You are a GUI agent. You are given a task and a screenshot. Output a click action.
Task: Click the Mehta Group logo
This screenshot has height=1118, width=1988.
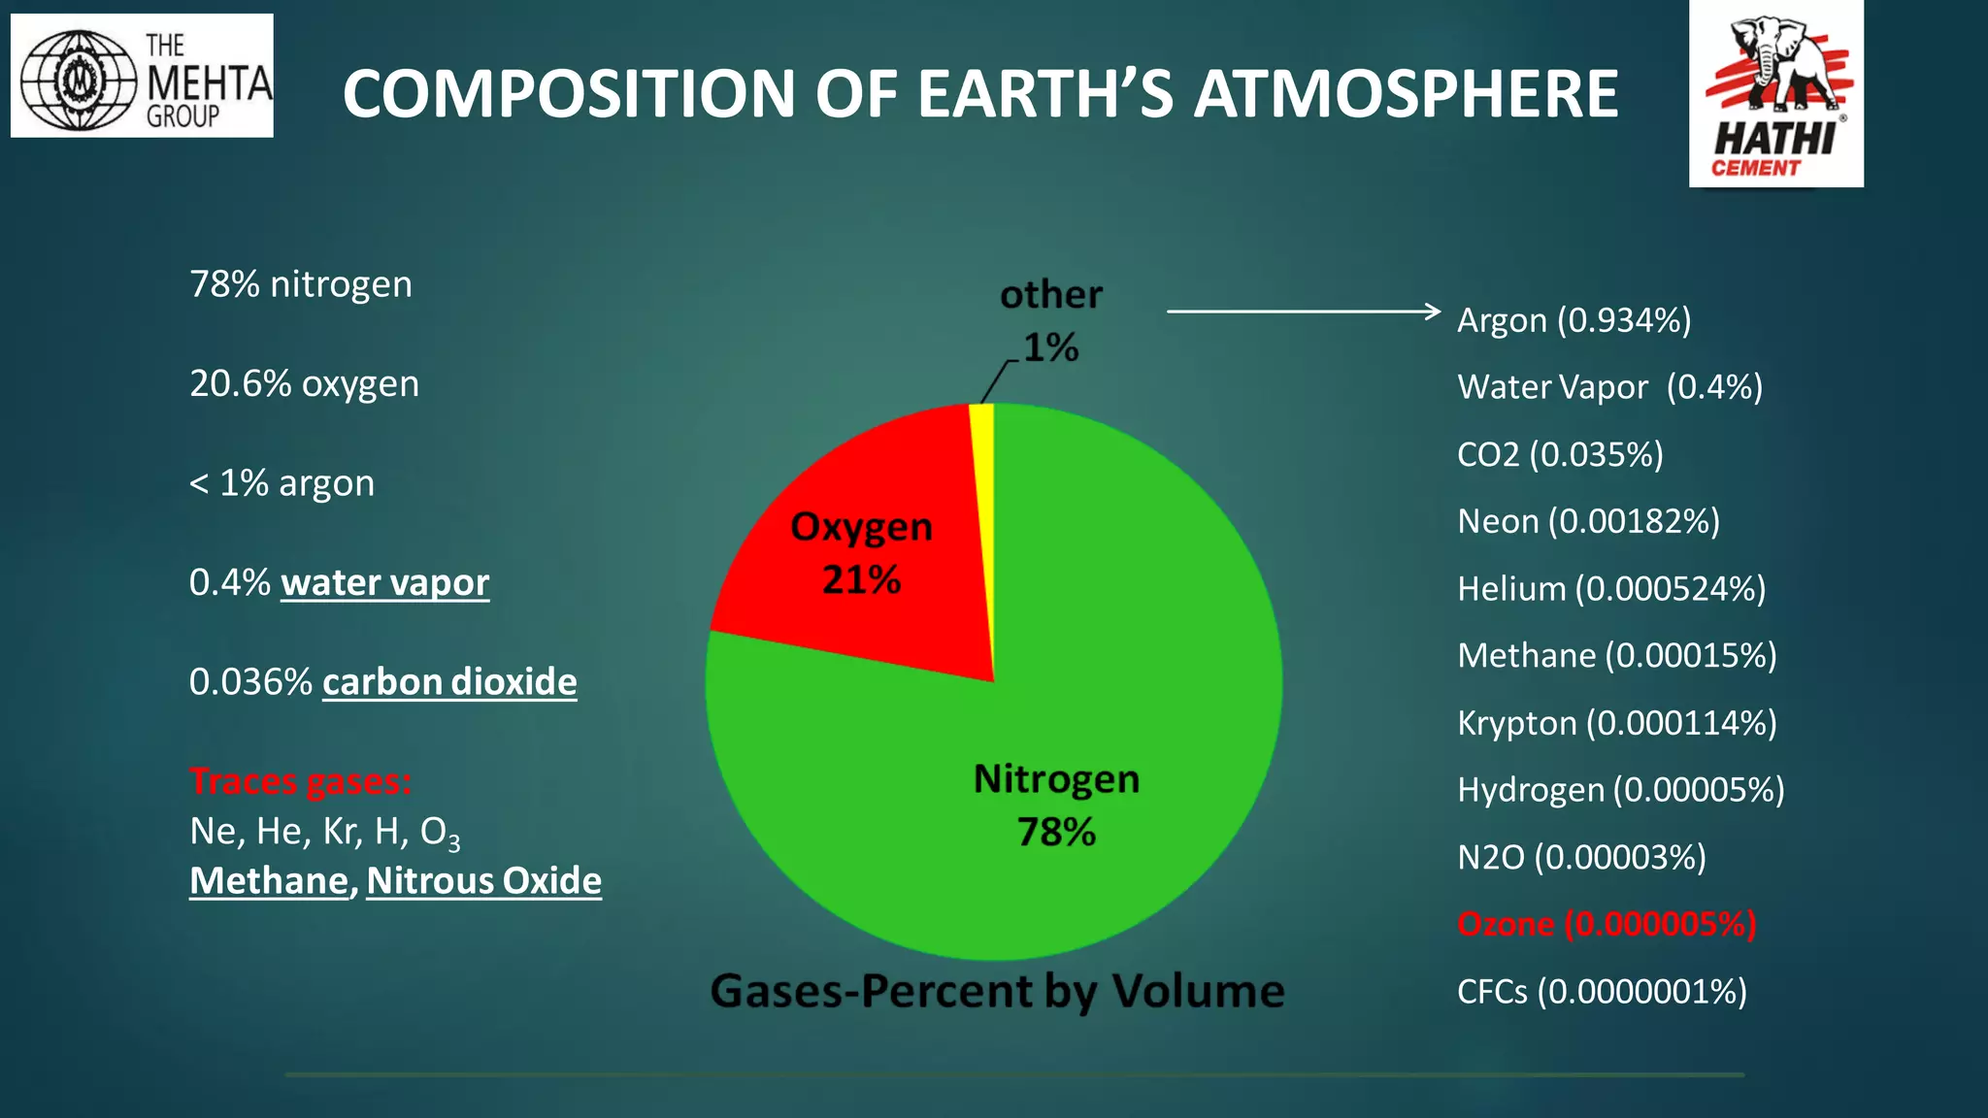pos(142,76)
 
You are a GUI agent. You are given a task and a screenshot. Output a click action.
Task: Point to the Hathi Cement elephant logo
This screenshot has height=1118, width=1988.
pos(1775,94)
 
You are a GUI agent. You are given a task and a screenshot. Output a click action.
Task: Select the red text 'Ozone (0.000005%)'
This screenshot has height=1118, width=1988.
pos(1607,924)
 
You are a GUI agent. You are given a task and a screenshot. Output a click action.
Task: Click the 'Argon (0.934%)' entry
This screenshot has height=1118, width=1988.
pos(1574,320)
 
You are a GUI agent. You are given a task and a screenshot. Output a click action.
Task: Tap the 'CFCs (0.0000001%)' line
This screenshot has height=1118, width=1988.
pos(1602,992)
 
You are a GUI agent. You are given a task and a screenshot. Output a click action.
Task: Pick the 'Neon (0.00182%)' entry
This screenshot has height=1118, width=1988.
pos(1588,522)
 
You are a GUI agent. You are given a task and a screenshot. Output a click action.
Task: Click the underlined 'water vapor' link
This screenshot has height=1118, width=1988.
pos(384,582)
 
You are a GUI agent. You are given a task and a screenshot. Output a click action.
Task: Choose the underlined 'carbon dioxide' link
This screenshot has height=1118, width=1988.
pos(449,682)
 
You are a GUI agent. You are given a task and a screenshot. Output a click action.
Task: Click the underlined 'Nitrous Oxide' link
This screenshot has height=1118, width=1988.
pos(483,881)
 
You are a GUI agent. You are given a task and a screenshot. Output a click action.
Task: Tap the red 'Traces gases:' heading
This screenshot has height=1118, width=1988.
pos(300,781)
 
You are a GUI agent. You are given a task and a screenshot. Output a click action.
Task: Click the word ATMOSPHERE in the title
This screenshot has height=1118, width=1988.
pos(1406,94)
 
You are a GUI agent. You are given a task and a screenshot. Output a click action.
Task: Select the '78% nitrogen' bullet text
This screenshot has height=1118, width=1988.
pos(301,284)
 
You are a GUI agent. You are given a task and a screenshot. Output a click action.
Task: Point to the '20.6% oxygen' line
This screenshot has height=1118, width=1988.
pos(304,384)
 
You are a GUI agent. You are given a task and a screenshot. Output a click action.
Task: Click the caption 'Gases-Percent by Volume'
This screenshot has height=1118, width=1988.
pos(997,991)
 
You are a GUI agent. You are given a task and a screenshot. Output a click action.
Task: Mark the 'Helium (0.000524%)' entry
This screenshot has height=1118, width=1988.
pos(1611,589)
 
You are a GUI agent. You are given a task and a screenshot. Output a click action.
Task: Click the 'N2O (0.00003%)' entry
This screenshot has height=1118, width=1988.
pos(1581,858)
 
